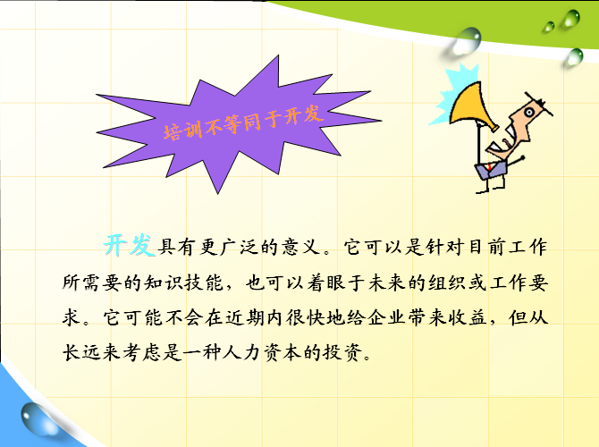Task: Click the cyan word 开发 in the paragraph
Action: [129, 245]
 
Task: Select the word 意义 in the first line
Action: [301, 247]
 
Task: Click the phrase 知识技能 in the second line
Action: [184, 283]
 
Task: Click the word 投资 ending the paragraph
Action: [342, 352]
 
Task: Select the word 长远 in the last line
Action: [82, 352]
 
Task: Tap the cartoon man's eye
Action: [529, 113]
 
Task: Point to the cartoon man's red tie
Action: [489, 167]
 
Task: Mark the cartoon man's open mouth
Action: [504, 142]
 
